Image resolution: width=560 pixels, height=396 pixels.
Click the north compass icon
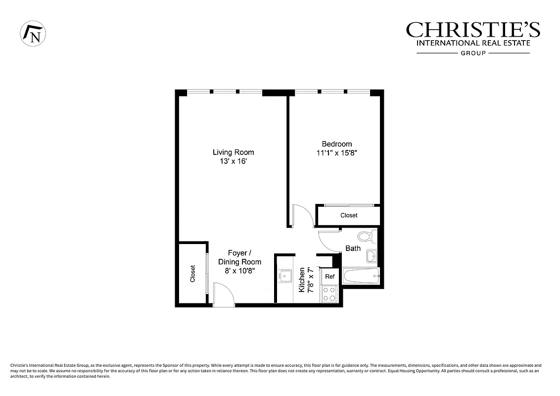[33, 34]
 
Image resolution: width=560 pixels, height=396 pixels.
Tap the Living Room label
[233, 152]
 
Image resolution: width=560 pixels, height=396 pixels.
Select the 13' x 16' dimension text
[233, 161]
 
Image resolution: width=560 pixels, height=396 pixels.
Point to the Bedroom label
[337, 144]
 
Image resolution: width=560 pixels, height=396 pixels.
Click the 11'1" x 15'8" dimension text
[336, 153]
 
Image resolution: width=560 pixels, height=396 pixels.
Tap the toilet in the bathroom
[367, 236]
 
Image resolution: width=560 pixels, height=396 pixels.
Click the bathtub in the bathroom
[361, 276]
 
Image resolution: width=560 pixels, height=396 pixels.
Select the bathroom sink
[372, 256]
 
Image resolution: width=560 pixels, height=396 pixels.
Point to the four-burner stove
[329, 294]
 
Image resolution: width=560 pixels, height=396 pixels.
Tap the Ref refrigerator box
[329, 277]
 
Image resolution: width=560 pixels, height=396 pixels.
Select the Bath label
[353, 248]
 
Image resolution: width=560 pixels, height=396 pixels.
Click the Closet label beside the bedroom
[349, 215]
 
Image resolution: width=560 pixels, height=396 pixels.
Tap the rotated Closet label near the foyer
[192, 274]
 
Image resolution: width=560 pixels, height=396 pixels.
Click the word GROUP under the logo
[473, 53]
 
